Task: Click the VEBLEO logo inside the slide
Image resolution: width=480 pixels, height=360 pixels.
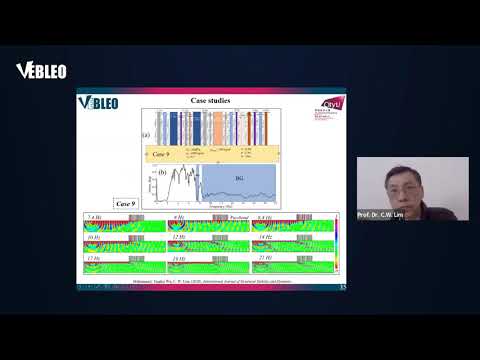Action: [x=98, y=103]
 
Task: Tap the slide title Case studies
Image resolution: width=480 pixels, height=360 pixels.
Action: [x=211, y=101]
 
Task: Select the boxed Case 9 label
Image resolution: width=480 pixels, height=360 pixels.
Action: [x=126, y=203]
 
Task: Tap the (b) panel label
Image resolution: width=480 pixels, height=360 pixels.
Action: [x=161, y=173]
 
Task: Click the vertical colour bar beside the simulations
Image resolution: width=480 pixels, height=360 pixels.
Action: [x=338, y=245]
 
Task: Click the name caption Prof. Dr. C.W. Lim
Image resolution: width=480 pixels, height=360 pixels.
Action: [x=377, y=215]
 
